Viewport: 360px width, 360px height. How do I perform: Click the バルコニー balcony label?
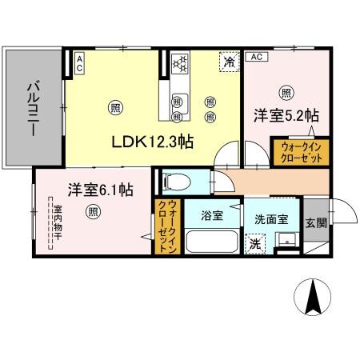click(x=34, y=110)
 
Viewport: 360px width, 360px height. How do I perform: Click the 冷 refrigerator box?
click(x=229, y=62)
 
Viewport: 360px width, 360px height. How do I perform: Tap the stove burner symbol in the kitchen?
click(x=180, y=62)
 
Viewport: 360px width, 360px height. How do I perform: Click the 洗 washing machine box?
click(x=254, y=242)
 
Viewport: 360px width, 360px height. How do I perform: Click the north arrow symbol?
click(x=314, y=300)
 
